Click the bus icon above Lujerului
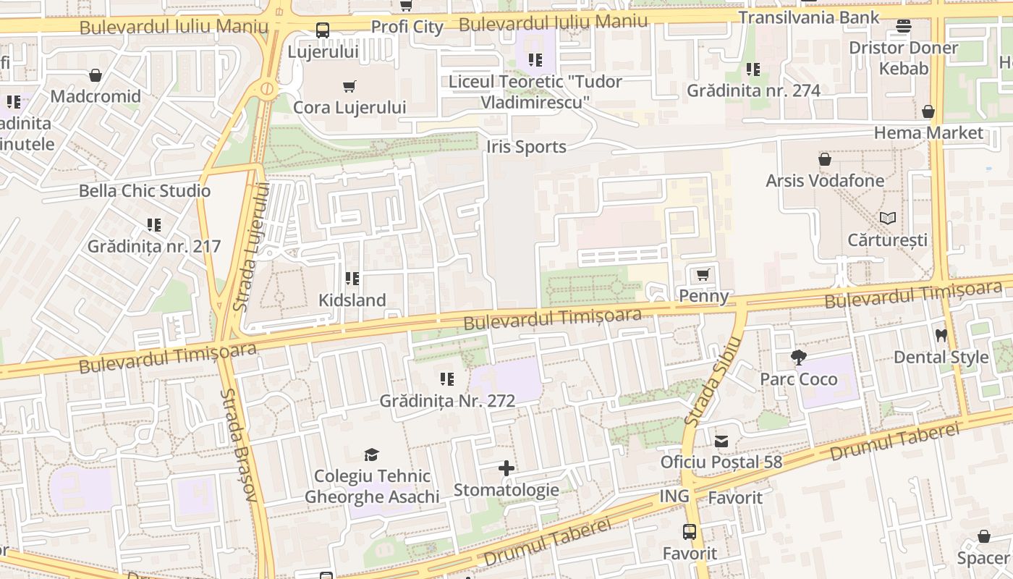click(x=323, y=30)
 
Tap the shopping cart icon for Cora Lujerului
click(x=349, y=87)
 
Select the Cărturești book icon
click(x=888, y=218)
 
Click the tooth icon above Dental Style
click(x=941, y=335)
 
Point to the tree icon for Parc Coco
click(x=799, y=357)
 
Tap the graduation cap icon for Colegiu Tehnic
click(x=371, y=455)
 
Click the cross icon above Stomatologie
click(x=506, y=468)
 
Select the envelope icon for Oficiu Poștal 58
click(x=721, y=441)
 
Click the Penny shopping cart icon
click(x=703, y=275)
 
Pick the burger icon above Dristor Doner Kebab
click(x=903, y=27)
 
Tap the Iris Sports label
click(x=526, y=147)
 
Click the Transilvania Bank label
click(x=808, y=17)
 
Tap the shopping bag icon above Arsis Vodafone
click(x=825, y=159)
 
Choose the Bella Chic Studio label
click(x=145, y=191)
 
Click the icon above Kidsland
click(x=352, y=279)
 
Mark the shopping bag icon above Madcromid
click(x=96, y=75)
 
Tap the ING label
click(x=674, y=496)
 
